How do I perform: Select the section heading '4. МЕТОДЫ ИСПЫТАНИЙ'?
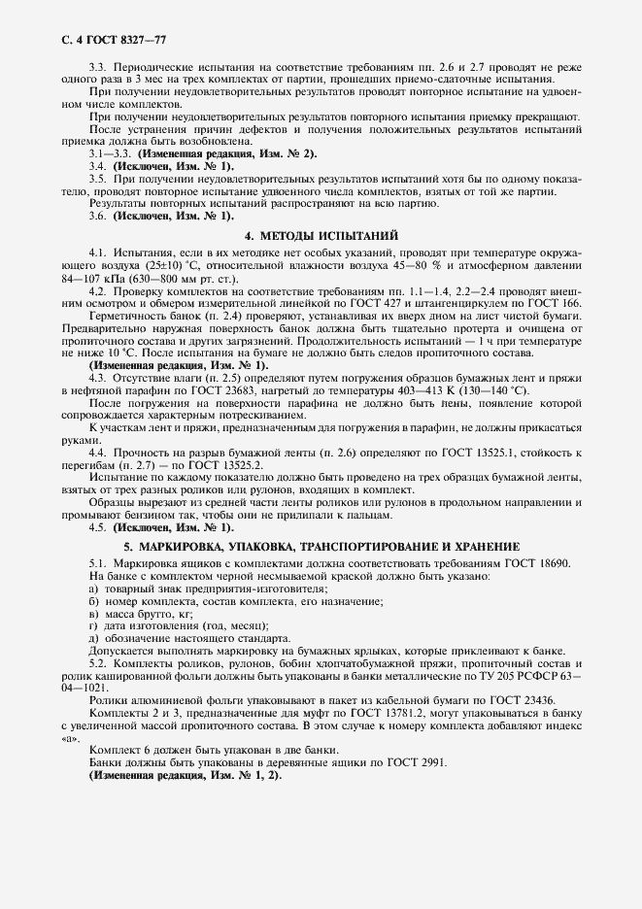(x=321, y=236)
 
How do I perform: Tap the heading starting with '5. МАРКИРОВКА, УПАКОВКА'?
(x=321, y=547)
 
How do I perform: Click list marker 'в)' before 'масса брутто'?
(x=94, y=615)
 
